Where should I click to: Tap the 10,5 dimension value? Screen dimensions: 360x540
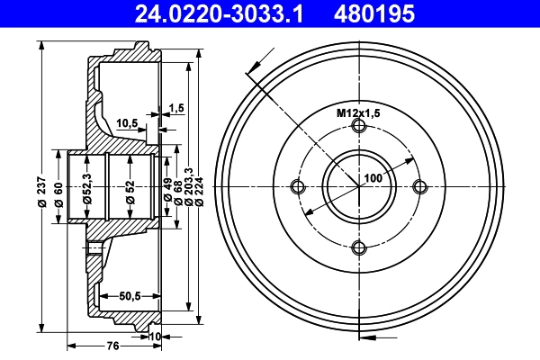click(x=128, y=123)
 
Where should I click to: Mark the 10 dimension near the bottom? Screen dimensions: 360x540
click(x=155, y=337)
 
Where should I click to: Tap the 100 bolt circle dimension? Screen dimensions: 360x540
click(x=373, y=178)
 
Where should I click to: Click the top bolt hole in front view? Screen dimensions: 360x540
click(x=359, y=126)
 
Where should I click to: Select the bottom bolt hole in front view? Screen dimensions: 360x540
click(x=359, y=247)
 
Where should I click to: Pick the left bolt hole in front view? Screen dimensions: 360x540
click(x=298, y=187)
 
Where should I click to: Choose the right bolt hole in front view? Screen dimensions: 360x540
click(x=419, y=187)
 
